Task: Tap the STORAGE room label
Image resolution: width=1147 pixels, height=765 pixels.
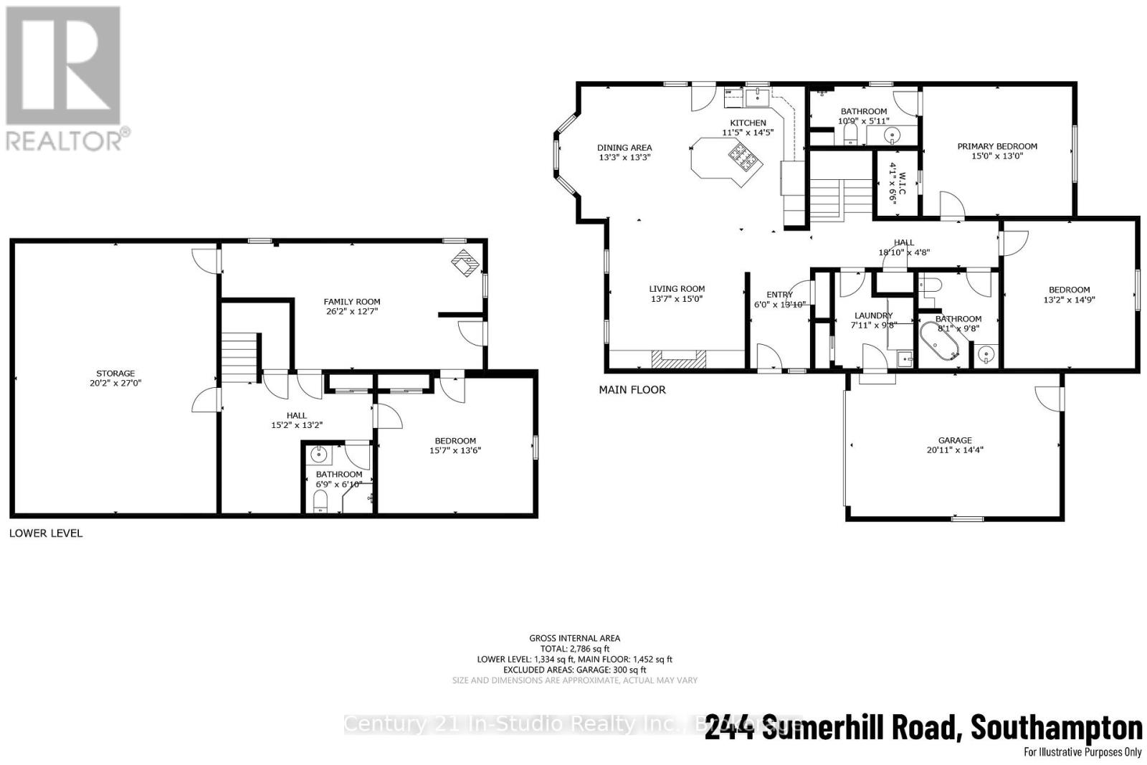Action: click(115, 374)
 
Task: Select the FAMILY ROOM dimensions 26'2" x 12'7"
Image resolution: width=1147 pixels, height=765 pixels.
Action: click(351, 312)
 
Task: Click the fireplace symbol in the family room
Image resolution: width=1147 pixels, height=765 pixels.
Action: click(465, 263)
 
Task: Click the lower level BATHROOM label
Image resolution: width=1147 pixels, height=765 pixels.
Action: click(339, 475)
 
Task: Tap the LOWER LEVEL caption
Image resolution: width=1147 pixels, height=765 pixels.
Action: click(46, 533)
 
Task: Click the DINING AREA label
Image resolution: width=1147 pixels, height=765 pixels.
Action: click(624, 148)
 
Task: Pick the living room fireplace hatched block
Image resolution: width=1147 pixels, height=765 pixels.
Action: click(678, 358)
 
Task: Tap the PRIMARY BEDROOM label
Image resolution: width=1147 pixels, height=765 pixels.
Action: click(997, 146)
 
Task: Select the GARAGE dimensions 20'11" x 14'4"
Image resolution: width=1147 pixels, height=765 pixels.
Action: click(955, 450)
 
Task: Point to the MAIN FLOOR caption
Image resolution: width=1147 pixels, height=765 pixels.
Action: click(632, 390)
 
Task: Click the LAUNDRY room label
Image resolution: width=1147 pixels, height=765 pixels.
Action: click(873, 315)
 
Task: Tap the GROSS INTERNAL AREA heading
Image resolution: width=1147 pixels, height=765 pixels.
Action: click(574, 638)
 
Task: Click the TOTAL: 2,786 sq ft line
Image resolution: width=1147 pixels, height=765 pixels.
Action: click(574, 649)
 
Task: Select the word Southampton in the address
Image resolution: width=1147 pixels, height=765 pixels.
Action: click(1056, 728)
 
